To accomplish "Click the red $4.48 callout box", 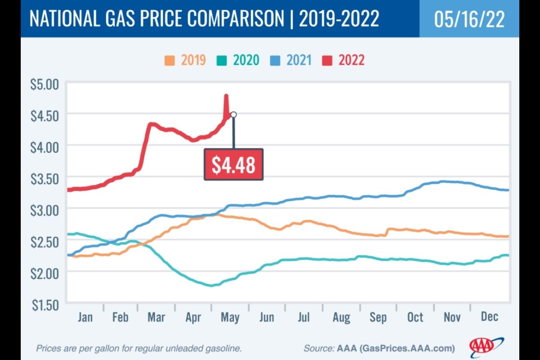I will tap(233, 165).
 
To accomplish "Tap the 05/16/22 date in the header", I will tap(469, 20).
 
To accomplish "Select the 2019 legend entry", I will tap(185, 60).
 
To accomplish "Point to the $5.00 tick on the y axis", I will tap(46, 84).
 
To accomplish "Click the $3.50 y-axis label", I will tap(46, 179).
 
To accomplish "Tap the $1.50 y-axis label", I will tap(46, 305).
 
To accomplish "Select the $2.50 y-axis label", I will tap(46, 242).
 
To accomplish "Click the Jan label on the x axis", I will tap(85, 317).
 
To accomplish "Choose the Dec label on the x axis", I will tap(489, 317).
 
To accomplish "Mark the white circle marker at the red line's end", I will tap(234, 114).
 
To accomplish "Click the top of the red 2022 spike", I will tap(226, 96).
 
